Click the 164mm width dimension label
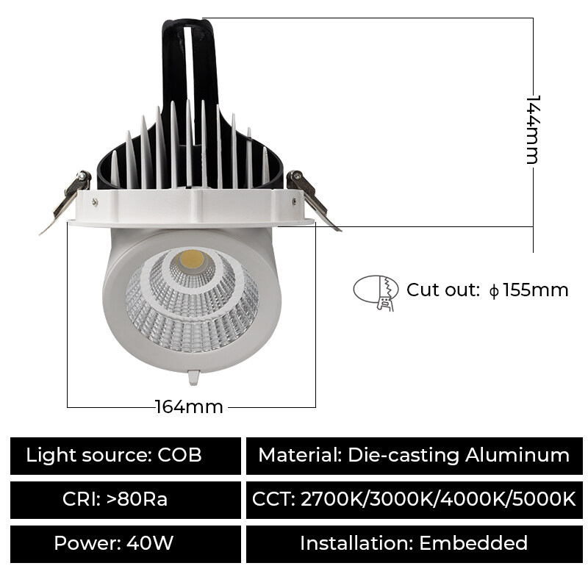click(189, 406)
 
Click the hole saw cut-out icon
click(376, 292)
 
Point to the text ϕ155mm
click(529, 290)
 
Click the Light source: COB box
click(126, 456)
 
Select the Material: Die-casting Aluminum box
click(414, 456)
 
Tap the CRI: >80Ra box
click(126, 500)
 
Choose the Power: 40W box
click(126, 544)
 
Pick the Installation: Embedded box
click(414, 544)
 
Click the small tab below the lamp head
click(193, 377)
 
